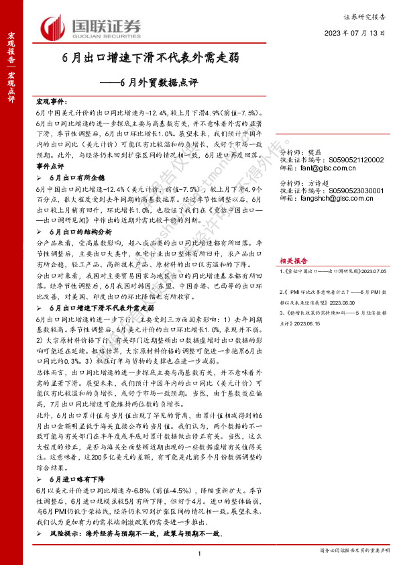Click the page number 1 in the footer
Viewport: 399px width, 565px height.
click(x=200, y=552)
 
